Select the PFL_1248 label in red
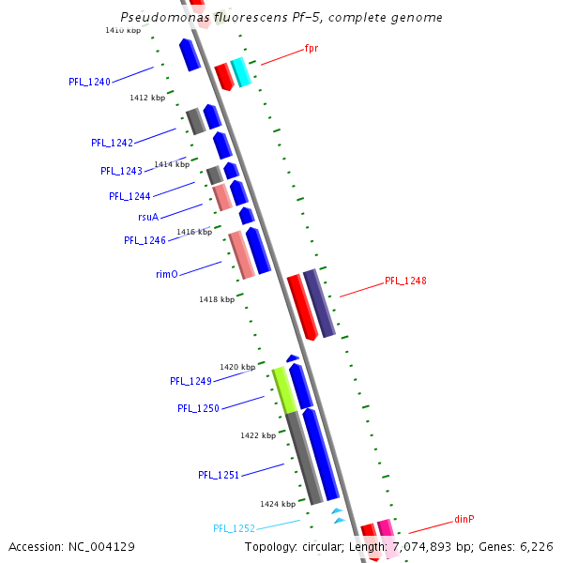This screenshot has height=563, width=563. pos(405,281)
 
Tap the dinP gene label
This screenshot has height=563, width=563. pos(464,519)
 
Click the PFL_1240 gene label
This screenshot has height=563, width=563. pos(89,82)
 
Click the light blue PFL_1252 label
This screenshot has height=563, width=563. pos(234,528)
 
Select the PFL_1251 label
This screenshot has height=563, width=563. pos(219,475)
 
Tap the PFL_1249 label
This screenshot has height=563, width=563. pos(190,381)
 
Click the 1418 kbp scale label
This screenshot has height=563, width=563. pos(216,299)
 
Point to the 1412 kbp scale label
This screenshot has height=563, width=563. pos(147,98)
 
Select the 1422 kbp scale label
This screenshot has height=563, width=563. pos(257,435)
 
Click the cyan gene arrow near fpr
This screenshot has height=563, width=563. pos(241,72)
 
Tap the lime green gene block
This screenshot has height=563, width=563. pos(282,389)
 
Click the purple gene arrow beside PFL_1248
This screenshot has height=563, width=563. pos(319,302)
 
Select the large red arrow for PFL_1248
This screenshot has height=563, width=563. pos(301,307)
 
